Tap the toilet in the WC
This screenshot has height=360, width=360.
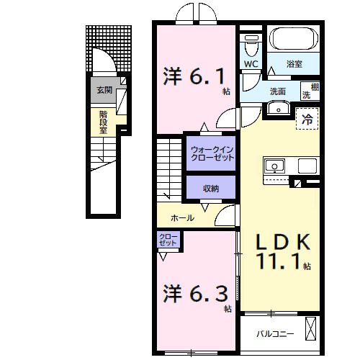point(250,46)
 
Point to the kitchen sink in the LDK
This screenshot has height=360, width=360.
point(274,167)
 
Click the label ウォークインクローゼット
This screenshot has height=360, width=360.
point(212,153)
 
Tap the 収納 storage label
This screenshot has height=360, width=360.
point(210,189)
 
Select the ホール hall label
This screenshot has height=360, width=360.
point(181,217)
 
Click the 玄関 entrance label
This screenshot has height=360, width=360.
point(105,91)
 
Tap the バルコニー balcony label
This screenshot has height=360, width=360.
point(274,333)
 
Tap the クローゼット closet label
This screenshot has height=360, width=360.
point(168,240)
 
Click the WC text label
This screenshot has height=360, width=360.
point(251,64)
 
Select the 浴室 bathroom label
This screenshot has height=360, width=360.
point(294,64)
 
